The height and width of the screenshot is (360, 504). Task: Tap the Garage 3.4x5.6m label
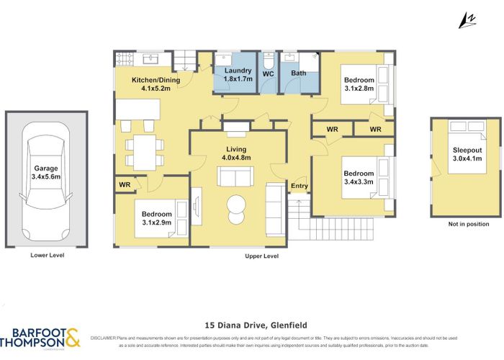coord(46,171)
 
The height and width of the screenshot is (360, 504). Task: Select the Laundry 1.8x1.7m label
coord(237,74)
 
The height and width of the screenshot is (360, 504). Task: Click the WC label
coord(268,73)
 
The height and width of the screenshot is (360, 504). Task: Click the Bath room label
coord(299,73)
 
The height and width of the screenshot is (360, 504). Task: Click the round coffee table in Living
coord(235,208)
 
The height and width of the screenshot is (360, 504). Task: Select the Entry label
coord(299,186)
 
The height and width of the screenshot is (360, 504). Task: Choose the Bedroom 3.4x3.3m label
coord(358,177)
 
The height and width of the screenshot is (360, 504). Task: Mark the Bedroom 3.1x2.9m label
coord(156,217)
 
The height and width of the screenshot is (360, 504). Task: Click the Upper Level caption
coord(261,256)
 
